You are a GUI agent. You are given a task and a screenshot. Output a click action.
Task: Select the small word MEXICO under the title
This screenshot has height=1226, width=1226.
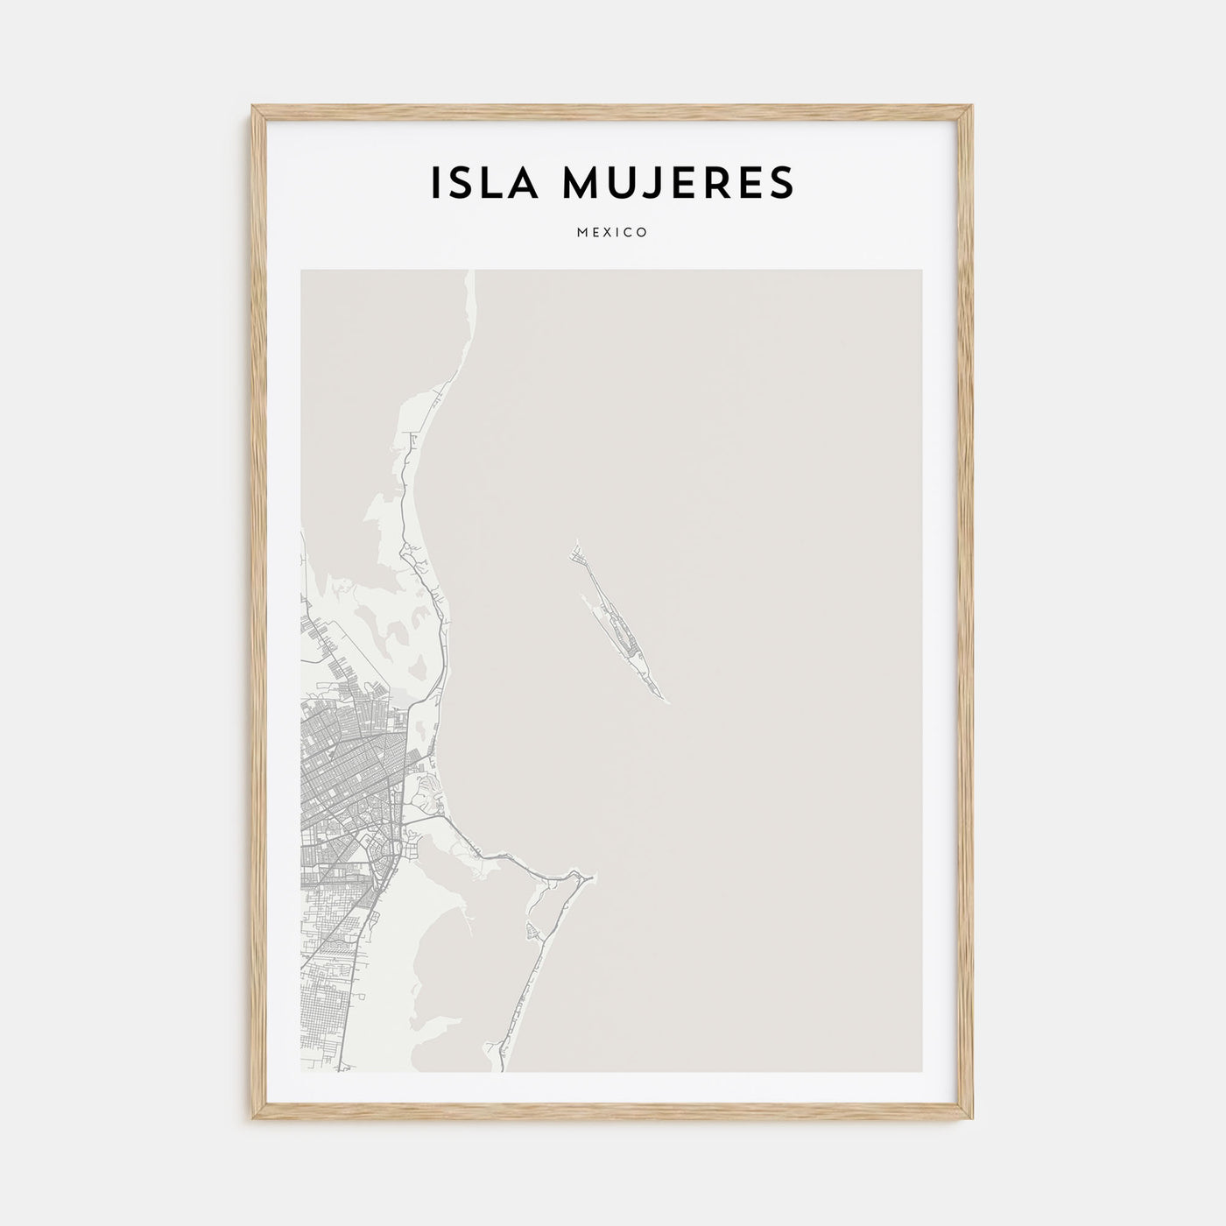612,233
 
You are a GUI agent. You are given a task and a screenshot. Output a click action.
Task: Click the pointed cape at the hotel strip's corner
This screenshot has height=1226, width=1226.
593,875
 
